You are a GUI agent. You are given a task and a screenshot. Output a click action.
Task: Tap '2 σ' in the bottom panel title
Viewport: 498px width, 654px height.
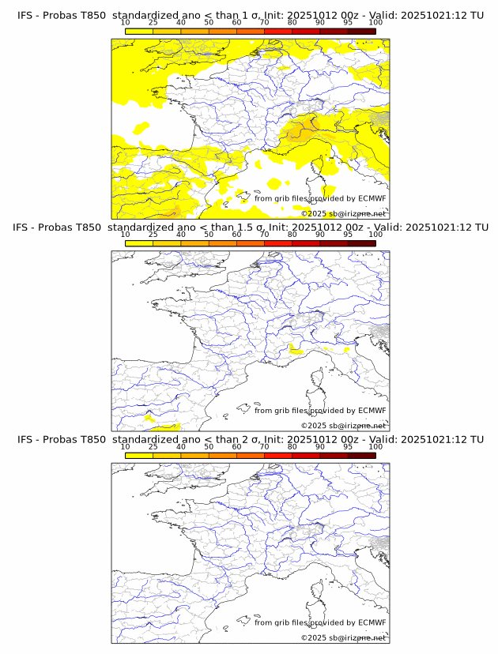[x=247, y=439]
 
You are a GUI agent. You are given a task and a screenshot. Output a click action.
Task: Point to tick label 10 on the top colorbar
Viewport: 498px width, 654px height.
[x=125, y=22]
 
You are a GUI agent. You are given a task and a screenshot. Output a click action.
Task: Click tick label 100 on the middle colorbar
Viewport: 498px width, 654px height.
[x=375, y=234]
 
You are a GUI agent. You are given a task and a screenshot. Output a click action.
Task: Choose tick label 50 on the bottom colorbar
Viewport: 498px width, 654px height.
[x=209, y=446]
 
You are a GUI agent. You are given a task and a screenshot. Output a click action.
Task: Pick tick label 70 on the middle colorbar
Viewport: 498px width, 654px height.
[x=264, y=234]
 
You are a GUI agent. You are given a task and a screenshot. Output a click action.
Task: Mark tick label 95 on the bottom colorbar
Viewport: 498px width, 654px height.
[x=348, y=446]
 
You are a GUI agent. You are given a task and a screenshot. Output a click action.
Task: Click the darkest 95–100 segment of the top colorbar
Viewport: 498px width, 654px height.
[x=361, y=31]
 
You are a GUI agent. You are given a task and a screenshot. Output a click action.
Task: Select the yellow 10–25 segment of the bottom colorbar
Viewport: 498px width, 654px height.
[x=139, y=456]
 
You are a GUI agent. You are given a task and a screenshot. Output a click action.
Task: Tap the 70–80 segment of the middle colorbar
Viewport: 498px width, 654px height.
[x=278, y=243]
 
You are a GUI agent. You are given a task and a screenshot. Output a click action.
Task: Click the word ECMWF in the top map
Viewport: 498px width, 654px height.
[x=372, y=199]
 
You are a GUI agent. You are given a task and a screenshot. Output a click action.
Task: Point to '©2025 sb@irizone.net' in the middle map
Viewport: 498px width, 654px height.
[x=344, y=425]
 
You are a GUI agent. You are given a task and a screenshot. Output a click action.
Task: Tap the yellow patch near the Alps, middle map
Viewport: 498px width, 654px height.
[x=296, y=348]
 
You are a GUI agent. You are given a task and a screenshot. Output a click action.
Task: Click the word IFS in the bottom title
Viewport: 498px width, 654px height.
[x=26, y=439]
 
